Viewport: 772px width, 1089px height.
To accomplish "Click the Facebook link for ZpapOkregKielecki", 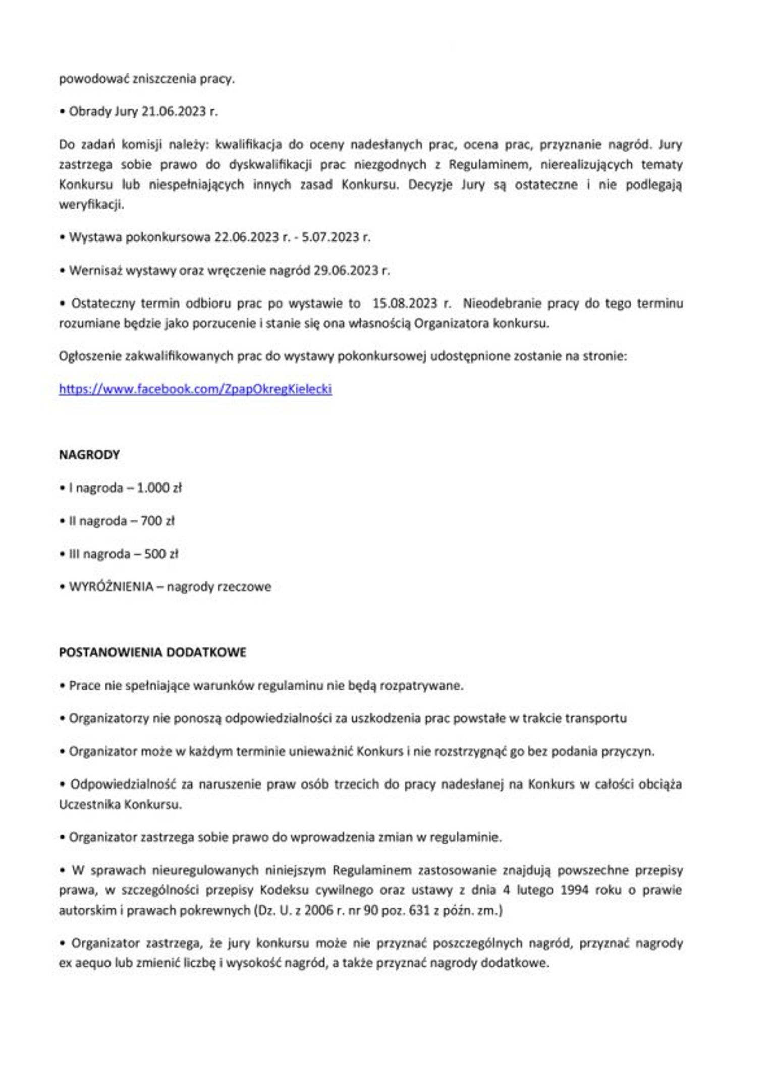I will [195, 389].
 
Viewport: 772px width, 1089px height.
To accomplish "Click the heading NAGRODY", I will [89, 455].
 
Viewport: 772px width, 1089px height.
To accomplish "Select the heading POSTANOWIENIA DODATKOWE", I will [152, 652].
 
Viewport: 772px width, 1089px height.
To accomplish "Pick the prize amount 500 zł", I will [161, 554].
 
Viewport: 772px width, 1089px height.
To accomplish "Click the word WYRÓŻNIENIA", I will [111, 587].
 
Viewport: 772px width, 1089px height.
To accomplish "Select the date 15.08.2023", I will [405, 304].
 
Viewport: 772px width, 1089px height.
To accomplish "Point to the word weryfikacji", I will [91, 205].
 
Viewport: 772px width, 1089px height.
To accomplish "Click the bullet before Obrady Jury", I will [63, 112].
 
